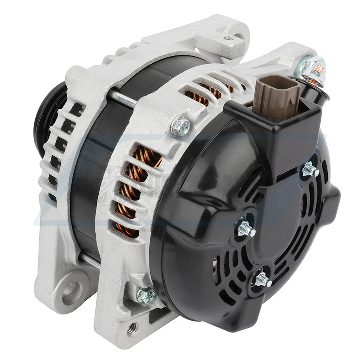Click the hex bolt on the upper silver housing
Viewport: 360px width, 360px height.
(180, 126)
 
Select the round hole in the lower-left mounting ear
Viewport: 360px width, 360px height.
(72, 288)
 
